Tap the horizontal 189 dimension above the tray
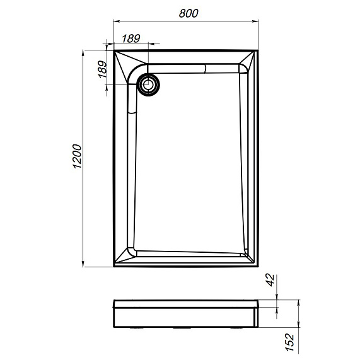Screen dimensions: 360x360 tap(130, 38)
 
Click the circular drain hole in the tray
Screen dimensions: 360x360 tap(149, 84)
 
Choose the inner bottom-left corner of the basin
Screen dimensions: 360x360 tap(132, 250)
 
